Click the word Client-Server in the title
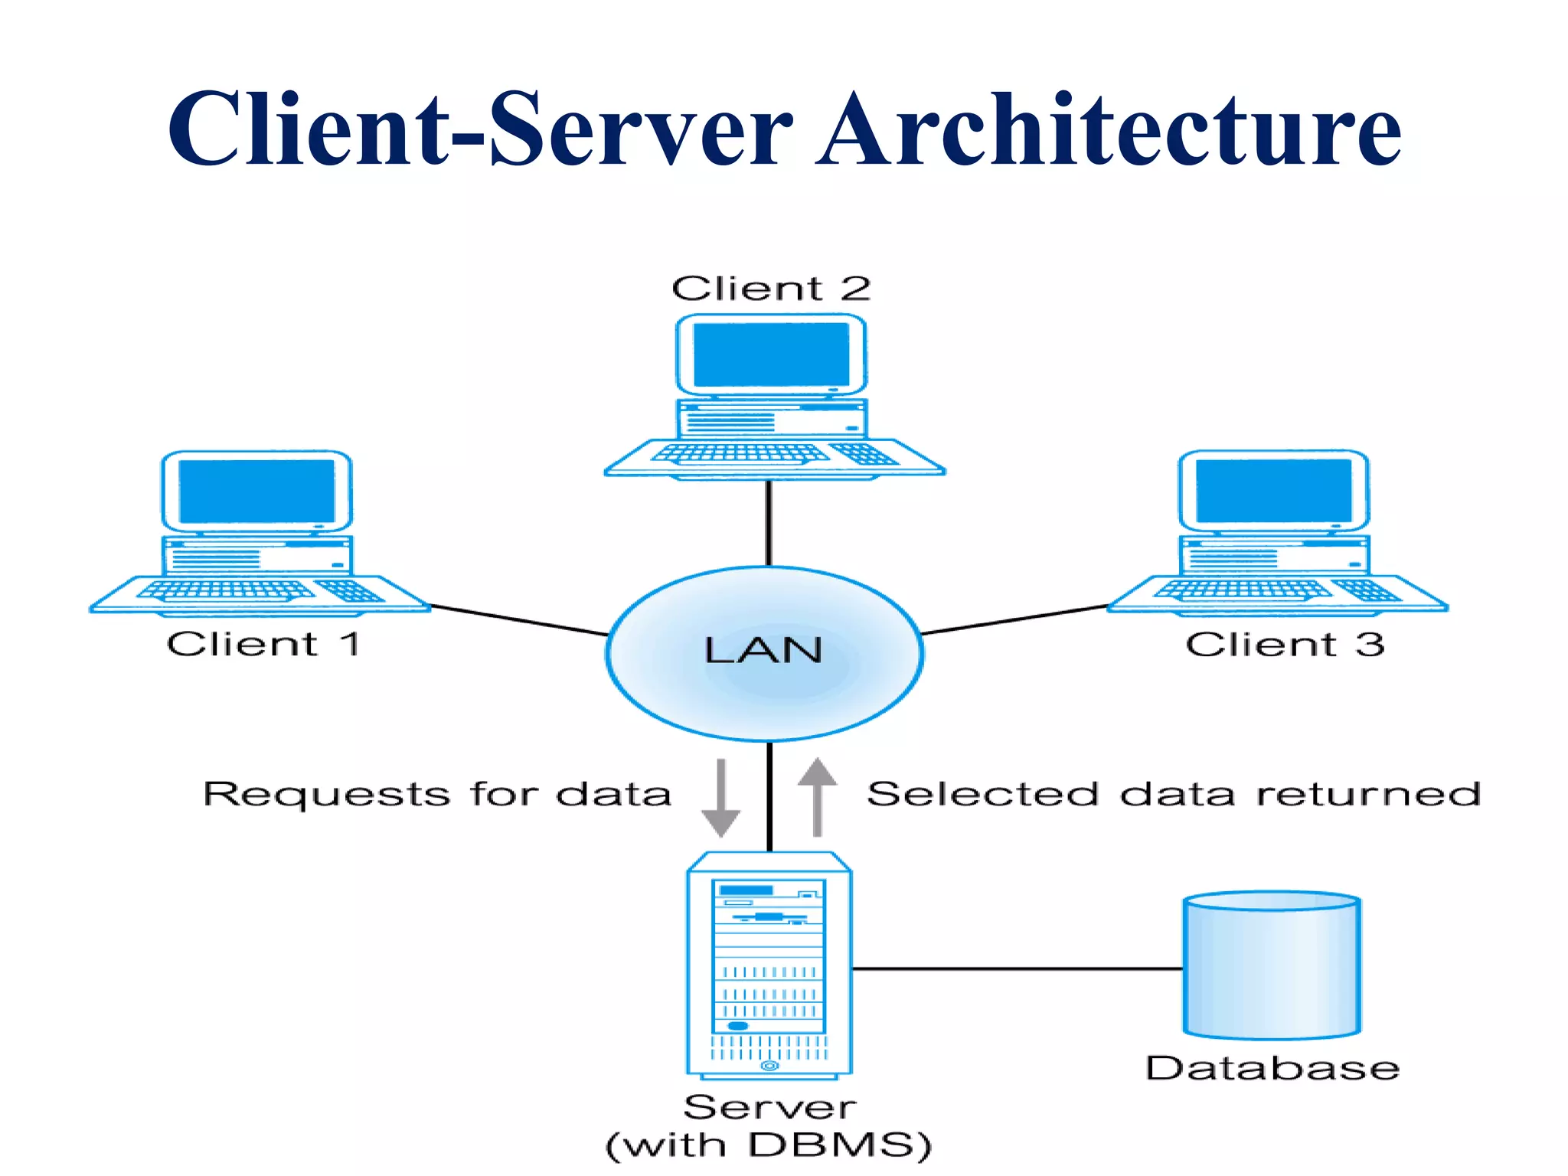(x=481, y=130)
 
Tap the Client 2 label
(x=771, y=289)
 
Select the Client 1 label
(x=263, y=644)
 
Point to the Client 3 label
(x=1285, y=645)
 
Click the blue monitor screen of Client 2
(x=771, y=354)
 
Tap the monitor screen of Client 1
(x=256, y=491)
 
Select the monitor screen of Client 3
(x=1273, y=491)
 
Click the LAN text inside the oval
(x=763, y=651)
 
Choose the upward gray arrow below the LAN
(x=817, y=796)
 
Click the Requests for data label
(x=437, y=795)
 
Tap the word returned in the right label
(x=1369, y=795)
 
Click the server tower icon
(x=769, y=965)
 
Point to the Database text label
(x=1272, y=1068)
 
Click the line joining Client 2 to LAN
(x=769, y=524)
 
